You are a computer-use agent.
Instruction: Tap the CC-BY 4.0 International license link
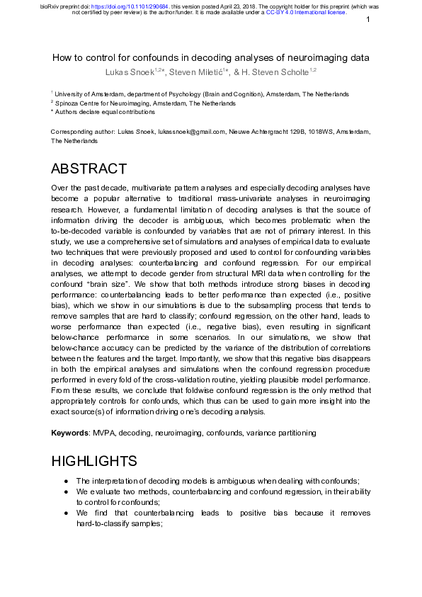point(306,12)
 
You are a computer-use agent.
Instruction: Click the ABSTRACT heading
point(89,169)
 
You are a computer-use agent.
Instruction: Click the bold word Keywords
point(70,432)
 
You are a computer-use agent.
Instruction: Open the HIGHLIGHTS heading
point(94,462)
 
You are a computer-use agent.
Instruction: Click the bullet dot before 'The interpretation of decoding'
point(66,480)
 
